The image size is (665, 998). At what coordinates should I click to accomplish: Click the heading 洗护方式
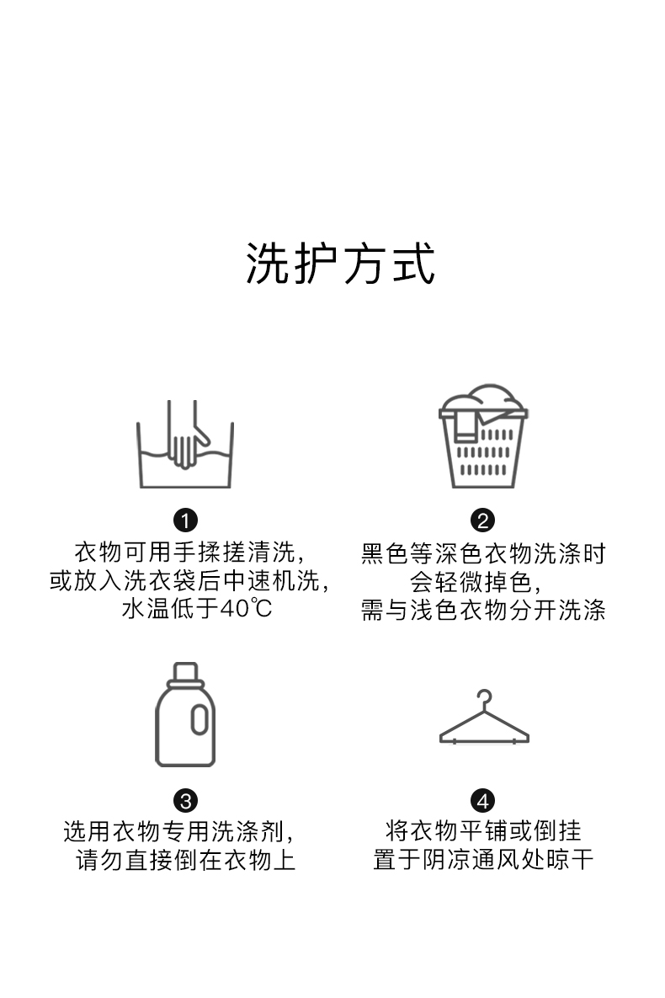(340, 263)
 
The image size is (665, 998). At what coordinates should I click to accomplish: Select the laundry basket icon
(483, 438)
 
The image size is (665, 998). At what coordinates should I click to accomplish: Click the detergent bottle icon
(185, 715)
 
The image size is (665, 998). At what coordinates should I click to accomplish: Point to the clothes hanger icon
(484, 720)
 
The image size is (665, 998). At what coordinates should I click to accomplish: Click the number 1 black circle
(185, 520)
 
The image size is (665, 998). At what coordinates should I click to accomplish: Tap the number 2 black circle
(483, 520)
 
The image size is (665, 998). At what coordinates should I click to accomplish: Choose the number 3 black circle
(185, 800)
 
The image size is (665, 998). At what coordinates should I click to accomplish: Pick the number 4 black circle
(483, 800)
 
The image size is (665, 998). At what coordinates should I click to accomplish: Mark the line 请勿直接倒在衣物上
(186, 861)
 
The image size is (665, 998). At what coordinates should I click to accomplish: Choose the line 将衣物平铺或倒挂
(483, 832)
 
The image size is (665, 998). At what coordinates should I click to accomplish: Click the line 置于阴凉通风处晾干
(483, 861)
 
